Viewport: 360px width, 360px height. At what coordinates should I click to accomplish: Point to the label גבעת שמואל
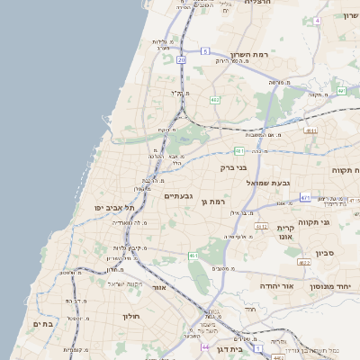pyautogui.click(x=268, y=183)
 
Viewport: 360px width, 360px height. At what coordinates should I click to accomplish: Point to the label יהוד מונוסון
pyautogui.click(x=337, y=285)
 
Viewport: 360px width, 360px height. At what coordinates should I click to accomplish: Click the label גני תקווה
pyautogui.click(x=337, y=221)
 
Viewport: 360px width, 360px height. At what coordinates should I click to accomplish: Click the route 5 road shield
pyautogui.click(x=205, y=51)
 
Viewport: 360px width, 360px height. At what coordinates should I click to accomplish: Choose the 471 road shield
pyautogui.click(x=306, y=197)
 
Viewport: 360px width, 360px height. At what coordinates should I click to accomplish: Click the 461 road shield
pyautogui.click(x=193, y=256)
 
